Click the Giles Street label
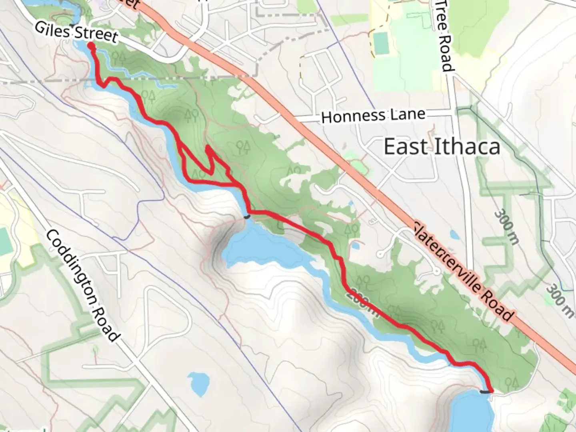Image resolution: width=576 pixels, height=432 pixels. [76, 32]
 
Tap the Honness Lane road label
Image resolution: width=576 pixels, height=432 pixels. [373, 116]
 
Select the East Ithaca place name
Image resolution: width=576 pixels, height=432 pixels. [442, 147]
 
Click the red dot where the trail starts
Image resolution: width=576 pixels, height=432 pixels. [91, 47]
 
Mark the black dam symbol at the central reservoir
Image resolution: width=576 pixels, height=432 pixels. [247, 216]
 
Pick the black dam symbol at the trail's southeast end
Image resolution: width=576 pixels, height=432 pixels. [484, 392]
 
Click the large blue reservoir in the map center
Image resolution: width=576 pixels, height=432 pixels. [264, 248]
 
